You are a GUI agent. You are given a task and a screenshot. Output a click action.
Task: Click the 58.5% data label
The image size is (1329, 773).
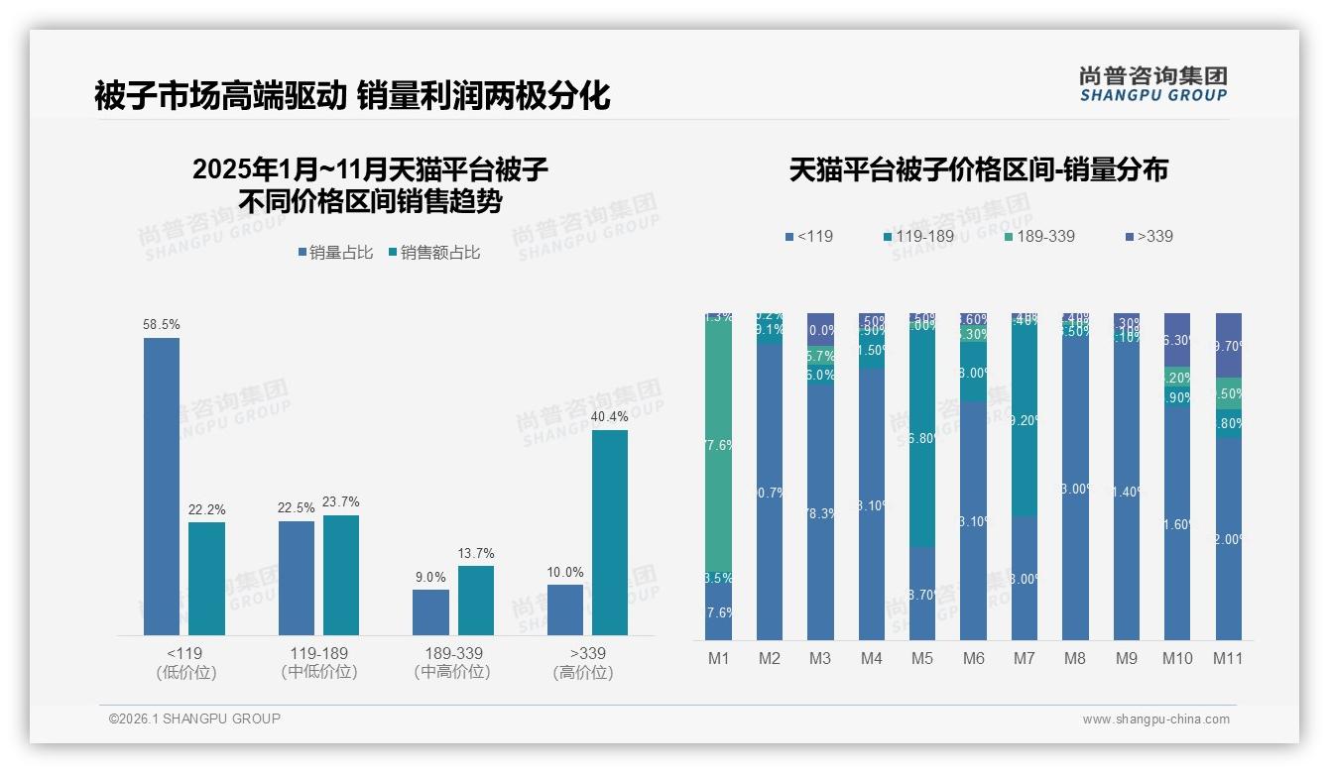point(162,324)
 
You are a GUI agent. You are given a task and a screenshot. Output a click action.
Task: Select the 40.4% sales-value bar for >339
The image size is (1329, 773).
point(609,532)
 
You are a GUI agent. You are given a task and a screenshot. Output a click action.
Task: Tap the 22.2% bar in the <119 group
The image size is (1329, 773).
point(206,578)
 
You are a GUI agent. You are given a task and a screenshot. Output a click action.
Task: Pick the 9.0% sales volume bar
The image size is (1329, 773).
point(430,611)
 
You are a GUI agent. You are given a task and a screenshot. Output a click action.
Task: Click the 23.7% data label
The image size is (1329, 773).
point(341,501)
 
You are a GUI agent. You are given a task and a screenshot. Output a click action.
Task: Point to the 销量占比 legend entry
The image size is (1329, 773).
point(335,253)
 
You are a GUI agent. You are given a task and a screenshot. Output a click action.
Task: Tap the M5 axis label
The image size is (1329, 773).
point(921,658)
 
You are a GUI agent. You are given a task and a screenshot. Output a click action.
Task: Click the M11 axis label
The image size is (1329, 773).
point(1228,658)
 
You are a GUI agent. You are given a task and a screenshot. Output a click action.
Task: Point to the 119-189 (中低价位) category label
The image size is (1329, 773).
point(318,662)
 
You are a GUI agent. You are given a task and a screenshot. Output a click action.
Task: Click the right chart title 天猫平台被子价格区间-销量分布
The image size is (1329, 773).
point(978,169)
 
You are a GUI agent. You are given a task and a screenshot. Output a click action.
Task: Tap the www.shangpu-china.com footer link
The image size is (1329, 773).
point(1155,719)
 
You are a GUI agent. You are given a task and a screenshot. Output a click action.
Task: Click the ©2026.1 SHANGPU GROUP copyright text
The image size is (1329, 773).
point(194,718)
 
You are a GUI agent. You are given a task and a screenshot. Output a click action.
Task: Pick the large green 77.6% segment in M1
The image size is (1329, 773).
point(718,446)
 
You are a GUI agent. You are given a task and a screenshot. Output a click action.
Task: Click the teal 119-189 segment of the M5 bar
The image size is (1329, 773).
point(921,438)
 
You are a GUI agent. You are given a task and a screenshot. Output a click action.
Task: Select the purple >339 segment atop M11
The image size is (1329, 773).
point(1228,345)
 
